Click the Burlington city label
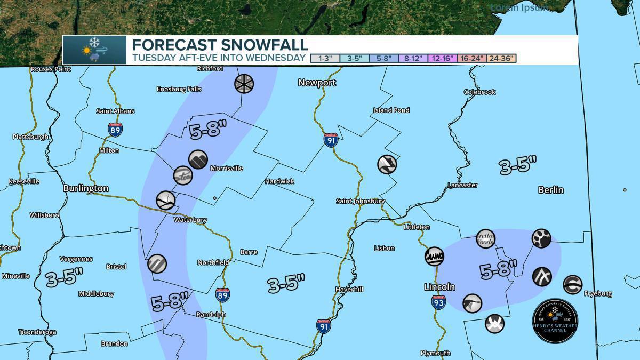[85, 188]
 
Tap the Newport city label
[317, 83]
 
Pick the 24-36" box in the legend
[501, 58]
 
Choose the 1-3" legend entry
[325, 58]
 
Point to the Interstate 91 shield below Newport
[330, 140]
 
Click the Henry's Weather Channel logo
[555, 321]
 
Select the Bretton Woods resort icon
[485, 238]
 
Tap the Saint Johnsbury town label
[360, 201]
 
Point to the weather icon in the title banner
[94, 50]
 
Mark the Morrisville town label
[227, 169]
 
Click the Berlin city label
[551, 190]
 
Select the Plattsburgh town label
[30, 137]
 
